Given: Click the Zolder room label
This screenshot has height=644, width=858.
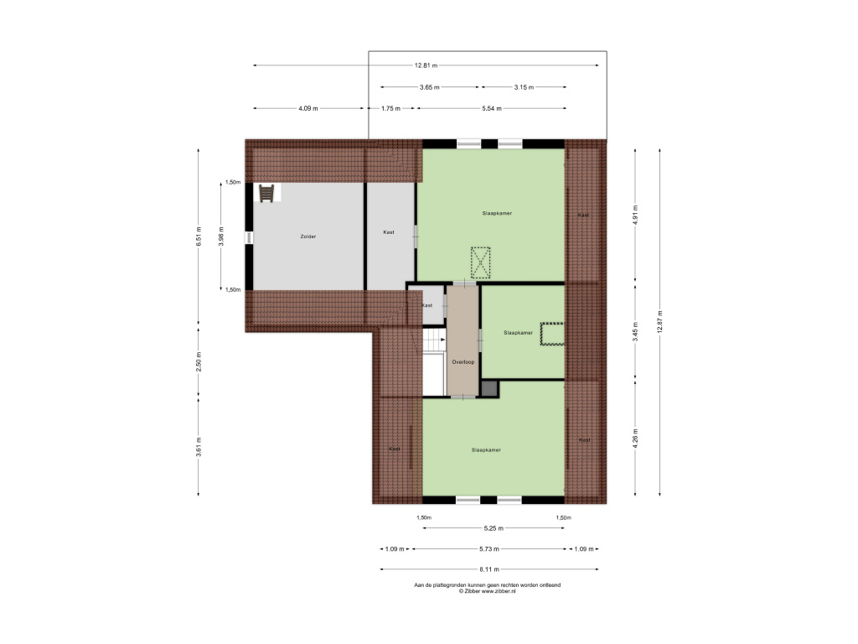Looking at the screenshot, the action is pyautogui.click(x=308, y=236).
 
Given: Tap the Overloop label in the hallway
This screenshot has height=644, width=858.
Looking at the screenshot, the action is pyautogui.click(x=463, y=362).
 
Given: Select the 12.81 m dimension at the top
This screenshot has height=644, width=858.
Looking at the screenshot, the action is pyautogui.click(x=426, y=65).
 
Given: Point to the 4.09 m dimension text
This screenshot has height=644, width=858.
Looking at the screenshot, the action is pyautogui.click(x=308, y=108).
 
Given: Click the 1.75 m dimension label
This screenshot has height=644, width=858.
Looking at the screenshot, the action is pyautogui.click(x=390, y=108).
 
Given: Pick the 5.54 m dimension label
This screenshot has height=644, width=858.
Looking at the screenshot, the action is pyautogui.click(x=491, y=108).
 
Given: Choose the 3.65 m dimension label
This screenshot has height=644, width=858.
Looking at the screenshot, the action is pyautogui.click(x=430, y=87).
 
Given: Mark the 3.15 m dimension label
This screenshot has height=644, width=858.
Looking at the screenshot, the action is pyautogui.click(x=524, y=87).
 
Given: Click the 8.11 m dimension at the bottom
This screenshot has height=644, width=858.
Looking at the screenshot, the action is pyautogui.click(x=488, y=569).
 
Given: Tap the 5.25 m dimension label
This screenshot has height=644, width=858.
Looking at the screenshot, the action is pyautogui.click(x=494, y=528).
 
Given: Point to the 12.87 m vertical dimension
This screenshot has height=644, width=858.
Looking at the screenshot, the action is pyautogui.click(x=660, y=321).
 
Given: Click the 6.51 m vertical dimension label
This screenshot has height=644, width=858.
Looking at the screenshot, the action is pyautogui.click(x=199, y=236).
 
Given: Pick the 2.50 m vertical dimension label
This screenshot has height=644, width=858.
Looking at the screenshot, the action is pyautogui.click(x=199, y=362).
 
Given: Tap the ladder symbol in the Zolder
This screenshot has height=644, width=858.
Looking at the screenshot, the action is pyautogui.click(x=266, y=194).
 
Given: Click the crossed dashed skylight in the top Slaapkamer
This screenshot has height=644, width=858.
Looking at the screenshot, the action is pyautogui.click(x=480, y=262).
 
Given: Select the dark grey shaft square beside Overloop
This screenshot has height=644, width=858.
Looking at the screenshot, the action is pyautogui.click(x=489, y=389).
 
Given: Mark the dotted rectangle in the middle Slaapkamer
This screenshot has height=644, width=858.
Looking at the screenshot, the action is pyautogui.click(x=552, y=334).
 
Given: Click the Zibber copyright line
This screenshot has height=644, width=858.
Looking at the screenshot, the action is pyautogui.click(x=487, y=591).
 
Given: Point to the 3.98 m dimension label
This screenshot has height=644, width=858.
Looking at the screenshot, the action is pyautogui.click(x=221, y=236).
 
